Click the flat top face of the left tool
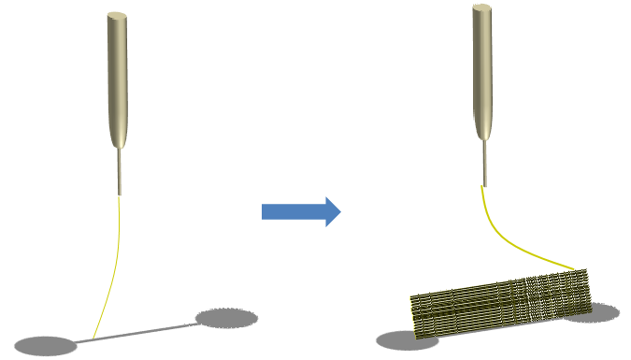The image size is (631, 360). click(x=117, y=16)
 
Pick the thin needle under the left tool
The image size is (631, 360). click(x=120, y=173)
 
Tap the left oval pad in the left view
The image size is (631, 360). click(x=45, y=345)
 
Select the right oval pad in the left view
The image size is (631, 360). click(x=226, y=318)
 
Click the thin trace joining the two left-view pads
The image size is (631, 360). click(x=150, y=331)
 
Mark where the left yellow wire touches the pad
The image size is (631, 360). click(x=93, y=337)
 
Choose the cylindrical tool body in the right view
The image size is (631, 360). click(x=481, y=70)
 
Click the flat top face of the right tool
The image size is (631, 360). click(x=481, y=8)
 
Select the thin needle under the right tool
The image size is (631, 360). click(x=484, y=164)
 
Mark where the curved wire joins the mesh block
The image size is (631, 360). click(x=572, y=270)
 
